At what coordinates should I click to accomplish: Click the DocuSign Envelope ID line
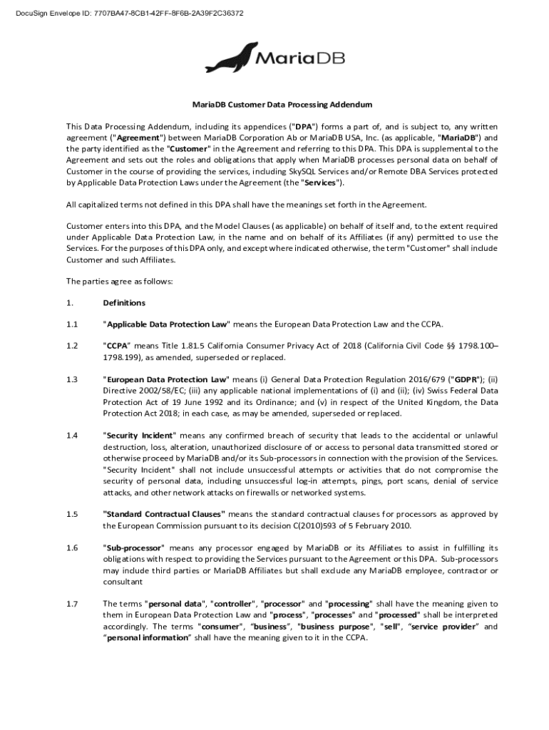(x=125, y=13)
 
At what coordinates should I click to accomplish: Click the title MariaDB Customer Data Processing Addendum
(x=273, y=104)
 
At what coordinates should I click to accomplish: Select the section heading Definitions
(x=124, y=303)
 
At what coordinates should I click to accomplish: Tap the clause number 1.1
(x=71, y=324)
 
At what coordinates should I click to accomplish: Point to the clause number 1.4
(x=71, y=435)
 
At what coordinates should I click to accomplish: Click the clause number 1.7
(x=71, y=603)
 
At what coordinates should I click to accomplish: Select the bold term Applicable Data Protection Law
(x=167, y=324)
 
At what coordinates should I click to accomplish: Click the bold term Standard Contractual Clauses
(x=165, y=514)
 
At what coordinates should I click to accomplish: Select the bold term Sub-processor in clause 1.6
(x=135, y=547)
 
